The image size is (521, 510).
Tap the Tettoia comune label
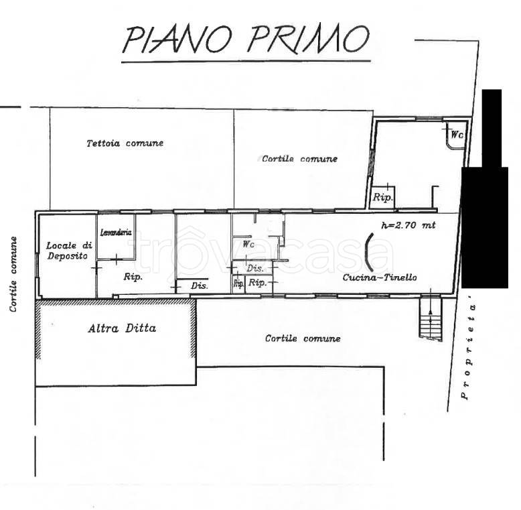coord(125,143)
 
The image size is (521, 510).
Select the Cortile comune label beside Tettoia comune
coord(299,159)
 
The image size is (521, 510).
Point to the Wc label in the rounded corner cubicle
coord(457,135)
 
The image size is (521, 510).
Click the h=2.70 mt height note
coord(408,226)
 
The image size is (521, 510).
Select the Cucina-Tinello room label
coord(380,277)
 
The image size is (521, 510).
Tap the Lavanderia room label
coord(116,233)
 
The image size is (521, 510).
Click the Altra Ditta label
coord(122,328)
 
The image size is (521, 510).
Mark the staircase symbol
coord(431,319)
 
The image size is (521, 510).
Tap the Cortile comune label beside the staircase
coord(303,338)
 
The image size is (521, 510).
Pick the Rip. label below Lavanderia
coord(133,276)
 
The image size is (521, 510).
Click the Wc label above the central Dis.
coord(248,245)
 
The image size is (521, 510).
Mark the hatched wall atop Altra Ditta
coord(115,302)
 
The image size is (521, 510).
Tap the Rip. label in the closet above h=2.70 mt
coord(382,198)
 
